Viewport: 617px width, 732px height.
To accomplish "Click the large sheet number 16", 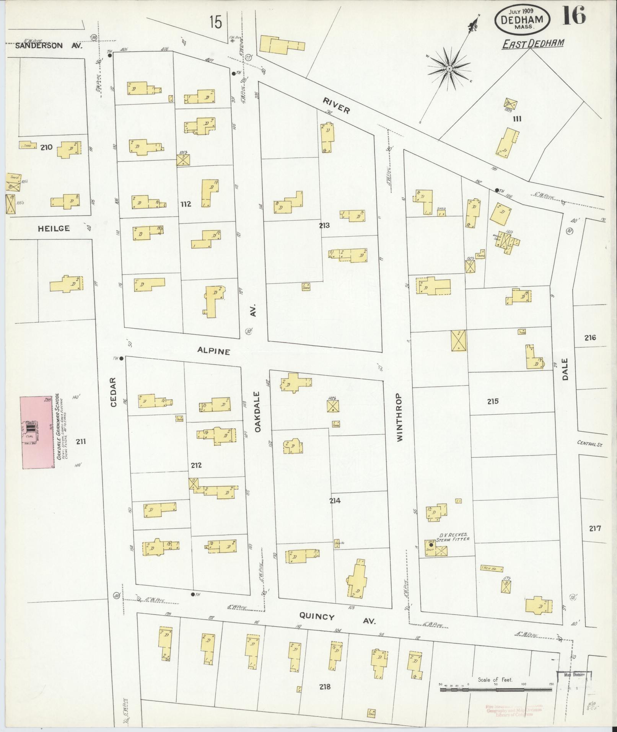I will point(573,16).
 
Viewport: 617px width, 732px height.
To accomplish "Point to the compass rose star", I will point(450,69).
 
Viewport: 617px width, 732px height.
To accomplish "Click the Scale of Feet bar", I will point(496,690).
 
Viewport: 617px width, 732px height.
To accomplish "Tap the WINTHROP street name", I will point(400,417).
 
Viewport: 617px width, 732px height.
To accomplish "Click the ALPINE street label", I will point(214,351).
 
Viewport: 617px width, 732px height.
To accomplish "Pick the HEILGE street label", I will point(54,228).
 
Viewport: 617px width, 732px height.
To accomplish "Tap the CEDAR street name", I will point(113,396).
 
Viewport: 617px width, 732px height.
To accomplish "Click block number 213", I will point(324,225).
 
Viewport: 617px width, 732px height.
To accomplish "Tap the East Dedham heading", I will point(533,43).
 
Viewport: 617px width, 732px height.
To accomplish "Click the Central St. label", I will point(593,443).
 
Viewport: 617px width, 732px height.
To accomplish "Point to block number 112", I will point(186,204).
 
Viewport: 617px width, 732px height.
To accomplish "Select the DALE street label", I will point(565,368).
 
